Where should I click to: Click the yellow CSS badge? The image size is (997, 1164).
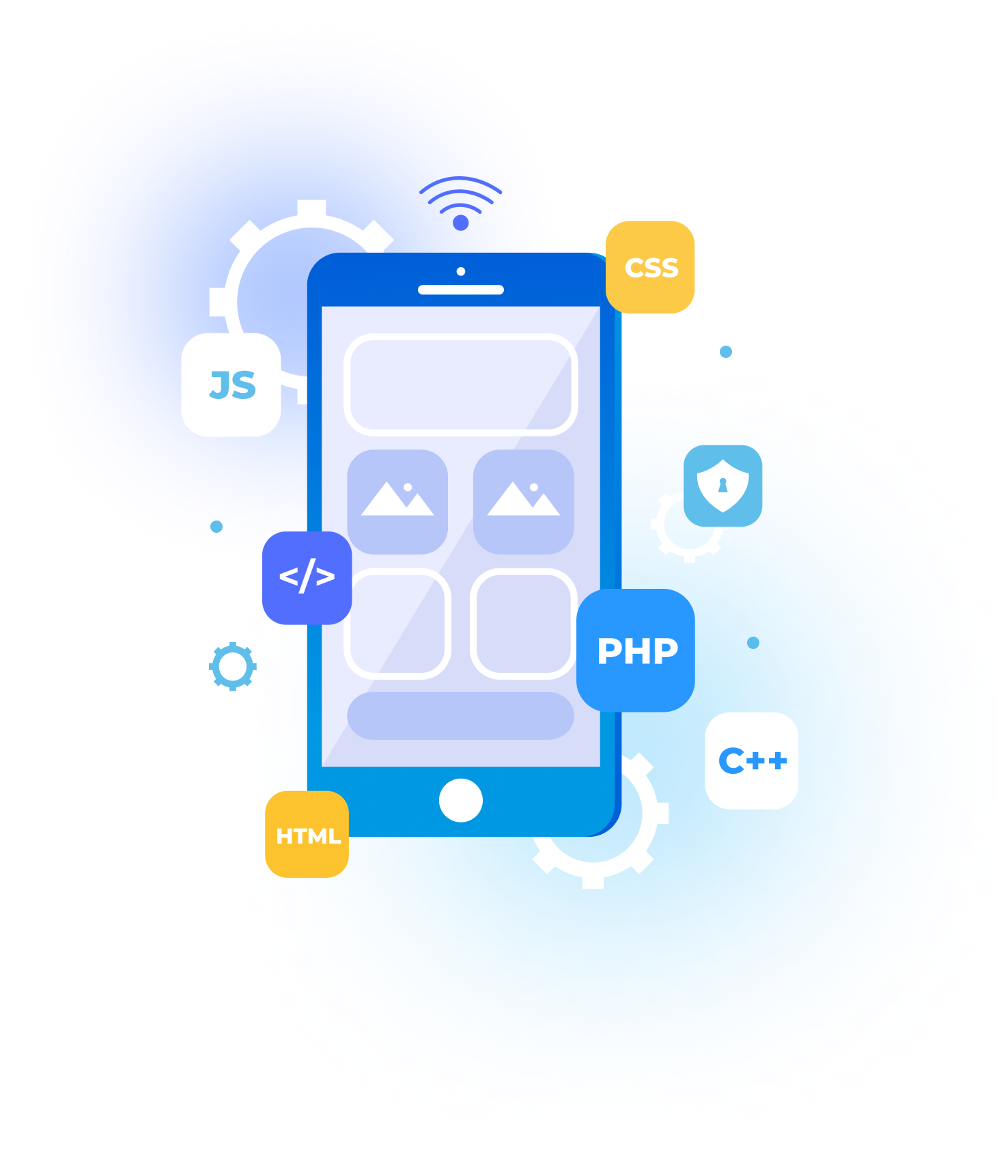click(650, 267)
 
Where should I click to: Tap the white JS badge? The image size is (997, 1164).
click(231, 385)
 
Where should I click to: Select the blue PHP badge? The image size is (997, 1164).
click(636, 650)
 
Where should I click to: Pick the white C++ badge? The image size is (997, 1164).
click(751, 760)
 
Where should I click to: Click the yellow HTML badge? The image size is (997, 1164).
click(307, 835)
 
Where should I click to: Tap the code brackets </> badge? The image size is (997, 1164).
click(307, 577)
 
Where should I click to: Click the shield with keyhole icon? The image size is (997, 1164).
click(722, 485)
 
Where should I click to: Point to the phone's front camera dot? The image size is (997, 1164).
click(461, 271)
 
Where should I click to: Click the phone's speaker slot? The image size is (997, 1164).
click(461, 290)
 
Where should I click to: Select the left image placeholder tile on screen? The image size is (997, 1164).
click(397, 501)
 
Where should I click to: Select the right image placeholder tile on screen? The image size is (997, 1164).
click(524, 501)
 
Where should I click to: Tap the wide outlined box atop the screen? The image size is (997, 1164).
click(461, 384)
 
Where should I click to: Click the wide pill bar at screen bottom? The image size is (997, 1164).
click(461, 716)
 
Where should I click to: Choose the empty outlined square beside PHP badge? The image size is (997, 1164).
click(524, 623)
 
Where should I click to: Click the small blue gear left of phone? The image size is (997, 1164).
click(232, 666)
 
